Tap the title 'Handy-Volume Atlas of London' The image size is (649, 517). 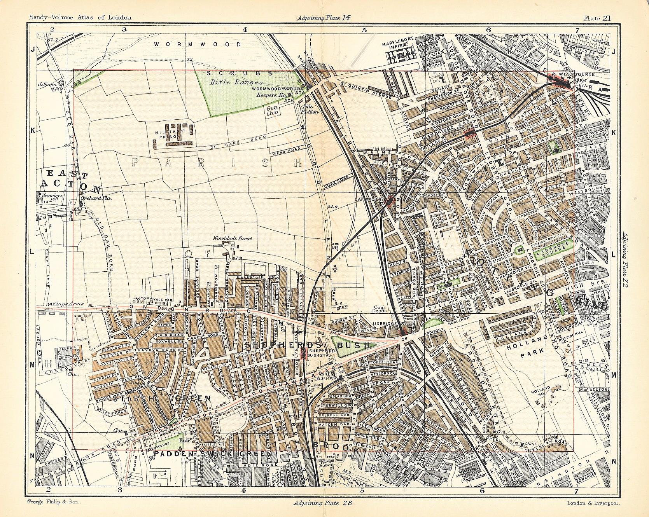pos(77,17)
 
